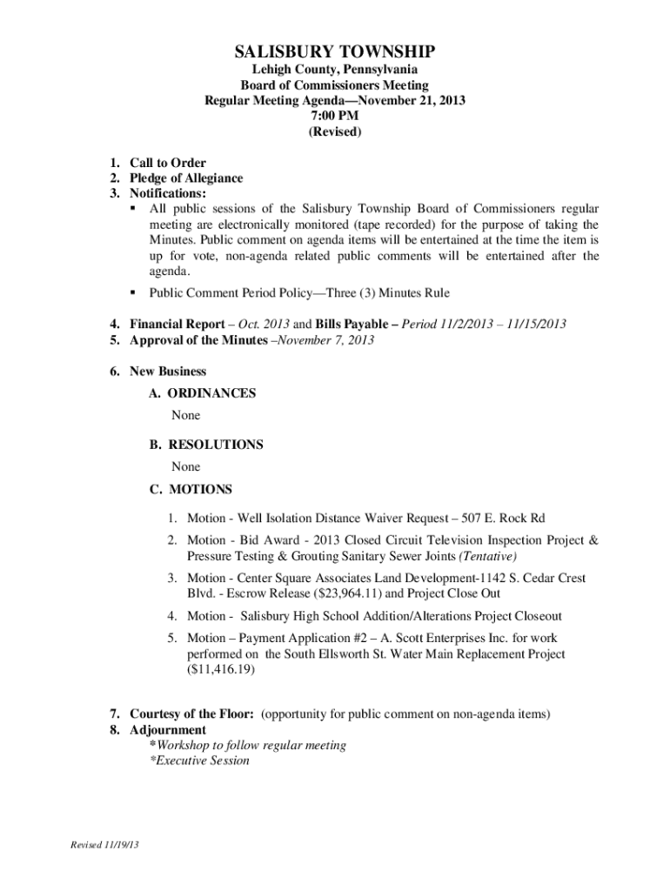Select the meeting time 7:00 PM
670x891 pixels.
(x=335, y=116)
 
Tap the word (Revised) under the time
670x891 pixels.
(x=335, y=132)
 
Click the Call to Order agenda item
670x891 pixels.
(x=167, y=162)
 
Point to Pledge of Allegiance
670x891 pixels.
(x=186, y=178)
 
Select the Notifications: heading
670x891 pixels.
(x=168, y=193)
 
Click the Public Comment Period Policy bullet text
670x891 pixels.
(x=299, y=293)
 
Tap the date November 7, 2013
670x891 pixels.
(x=324, y=340)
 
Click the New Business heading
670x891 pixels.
(x=168, y=372)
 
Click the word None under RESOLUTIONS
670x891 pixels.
(x=185, y=467)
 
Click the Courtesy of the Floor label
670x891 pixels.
(x=191, y=714)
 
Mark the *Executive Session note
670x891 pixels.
(x=199, y=760)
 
